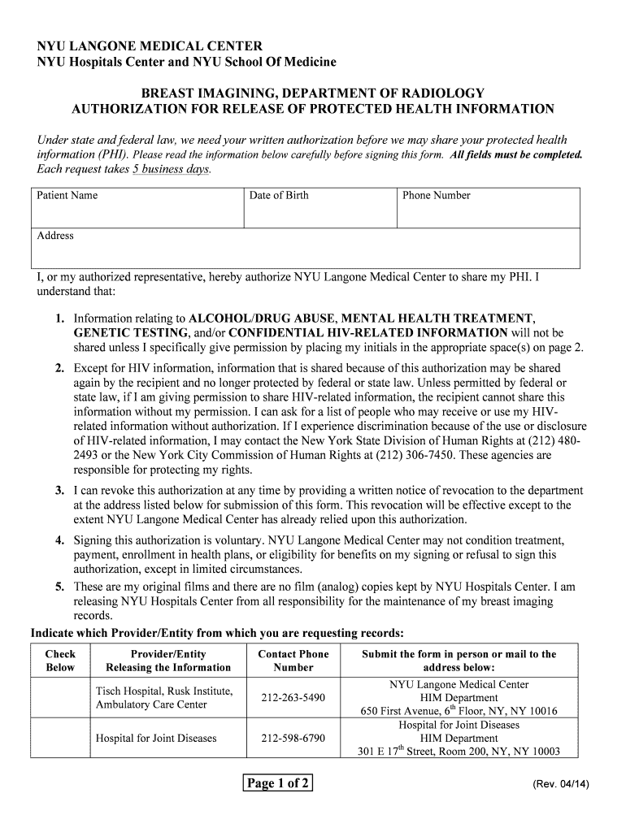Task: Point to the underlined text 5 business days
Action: tap(171, 169)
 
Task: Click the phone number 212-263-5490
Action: tap(293, 698)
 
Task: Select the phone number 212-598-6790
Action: tap(293, 739)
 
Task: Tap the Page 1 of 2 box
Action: tap(278, 783)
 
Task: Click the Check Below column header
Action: tap(60, 661)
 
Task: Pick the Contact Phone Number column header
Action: tap(293, 661)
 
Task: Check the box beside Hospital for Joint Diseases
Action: tap(60, 739)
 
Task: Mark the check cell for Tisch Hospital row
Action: tap(60, 698)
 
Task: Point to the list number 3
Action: tap(60, 491)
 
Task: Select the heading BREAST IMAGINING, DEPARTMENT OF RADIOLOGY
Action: tap(313, 93)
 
